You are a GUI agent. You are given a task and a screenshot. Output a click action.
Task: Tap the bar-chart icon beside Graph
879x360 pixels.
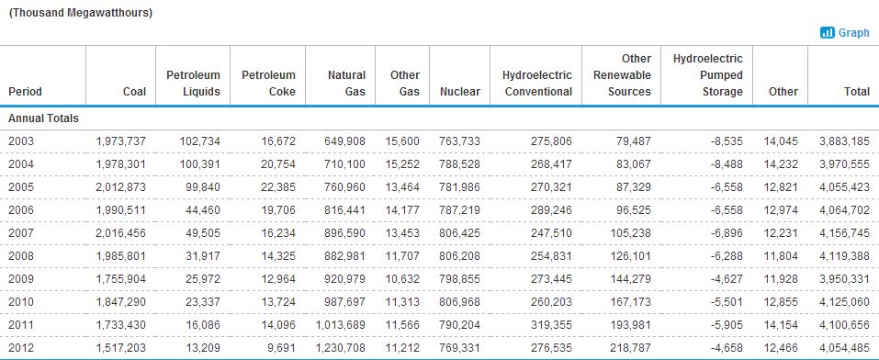click(828, 32)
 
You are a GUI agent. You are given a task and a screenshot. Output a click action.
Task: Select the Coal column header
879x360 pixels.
click(134, 92)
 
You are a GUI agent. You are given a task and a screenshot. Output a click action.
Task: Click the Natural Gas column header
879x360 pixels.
click(346, 83)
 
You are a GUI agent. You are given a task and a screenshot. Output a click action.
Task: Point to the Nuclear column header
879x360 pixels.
click(460, 92)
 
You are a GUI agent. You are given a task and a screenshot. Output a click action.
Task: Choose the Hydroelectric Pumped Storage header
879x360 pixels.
click(708, 75)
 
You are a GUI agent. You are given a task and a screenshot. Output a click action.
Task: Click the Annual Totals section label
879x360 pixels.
click(44, 118)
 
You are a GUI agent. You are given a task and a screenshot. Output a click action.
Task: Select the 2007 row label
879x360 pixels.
click(21, 232)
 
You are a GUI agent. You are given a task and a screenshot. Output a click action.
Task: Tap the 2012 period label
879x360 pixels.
click(21, 348)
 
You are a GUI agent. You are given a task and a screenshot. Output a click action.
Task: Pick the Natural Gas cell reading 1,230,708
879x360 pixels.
click(340, 348)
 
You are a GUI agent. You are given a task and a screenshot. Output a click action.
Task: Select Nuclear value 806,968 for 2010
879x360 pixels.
click(459, 301)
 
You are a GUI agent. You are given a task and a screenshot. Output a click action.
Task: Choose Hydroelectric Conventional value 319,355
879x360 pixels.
click(552, 325)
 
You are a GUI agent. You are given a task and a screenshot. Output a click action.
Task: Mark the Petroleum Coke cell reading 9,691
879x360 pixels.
click(281, 348)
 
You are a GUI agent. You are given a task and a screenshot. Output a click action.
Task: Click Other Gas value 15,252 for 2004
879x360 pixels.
click(402, 164)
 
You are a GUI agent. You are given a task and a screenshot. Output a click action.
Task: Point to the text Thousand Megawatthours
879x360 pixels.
click(80, 13)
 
